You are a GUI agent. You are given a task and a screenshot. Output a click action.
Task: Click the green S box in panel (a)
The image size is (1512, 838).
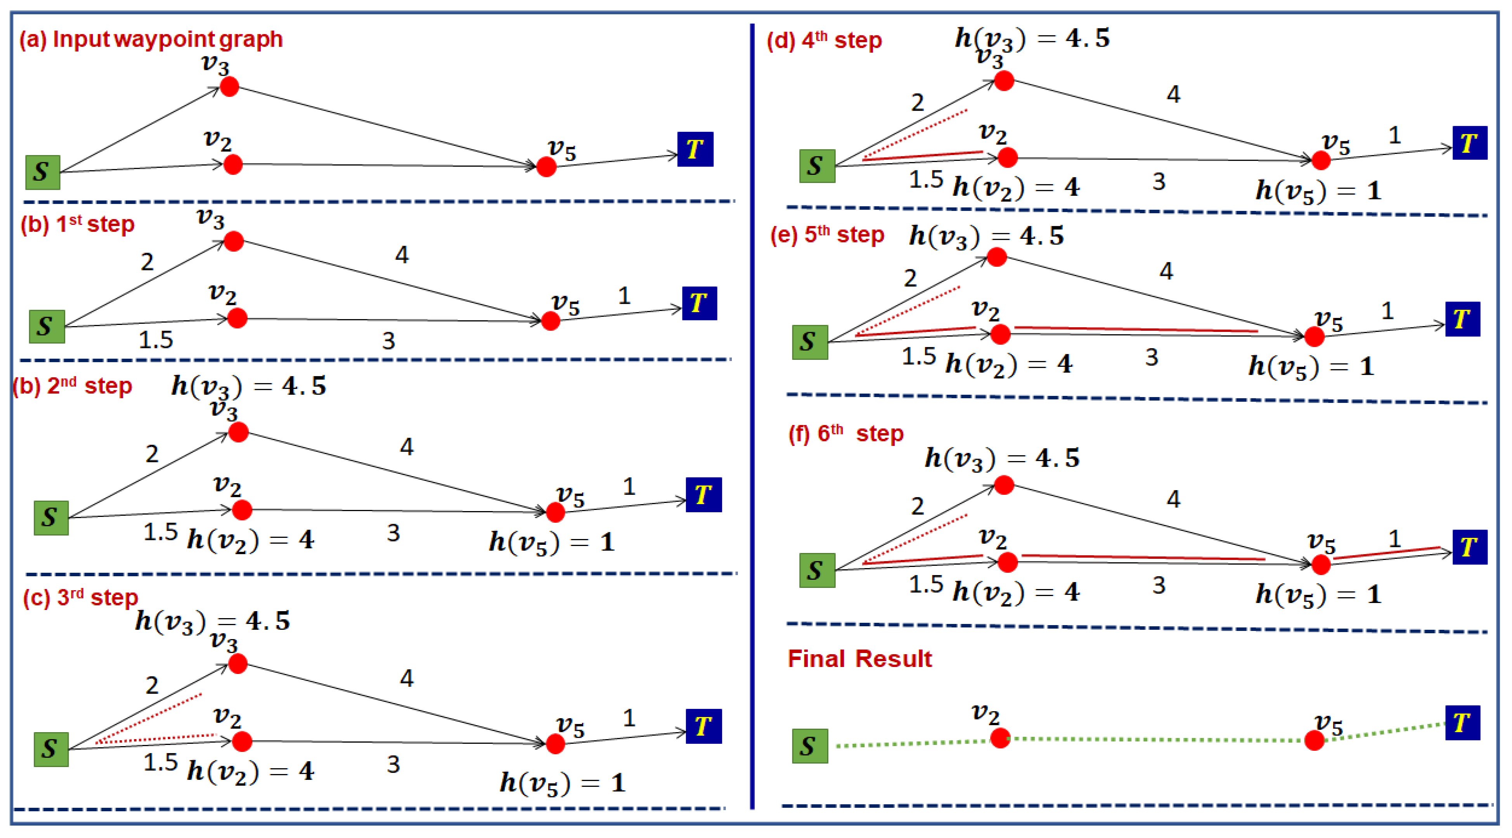click(x=42, y=172)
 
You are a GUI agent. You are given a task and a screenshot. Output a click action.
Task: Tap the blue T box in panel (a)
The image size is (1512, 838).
click(x=695, y=149)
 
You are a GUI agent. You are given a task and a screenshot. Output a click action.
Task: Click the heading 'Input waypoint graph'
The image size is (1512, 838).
click(x=167, y=39)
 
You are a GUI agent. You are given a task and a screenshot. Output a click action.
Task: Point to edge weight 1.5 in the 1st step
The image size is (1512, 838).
click(x=156, y=340)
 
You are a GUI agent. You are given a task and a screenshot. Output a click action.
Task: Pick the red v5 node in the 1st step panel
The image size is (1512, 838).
click(x=550, y=320)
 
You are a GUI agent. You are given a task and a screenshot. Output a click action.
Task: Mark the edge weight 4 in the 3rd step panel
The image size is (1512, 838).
click(x=406, y=678)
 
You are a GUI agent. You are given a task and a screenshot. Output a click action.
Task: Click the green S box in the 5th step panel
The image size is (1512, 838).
click(x=809, y=342)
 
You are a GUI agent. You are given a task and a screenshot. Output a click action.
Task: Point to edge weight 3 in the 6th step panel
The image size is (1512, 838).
click(x=1158, y=585)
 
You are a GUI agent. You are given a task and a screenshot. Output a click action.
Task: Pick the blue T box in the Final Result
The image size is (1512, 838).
click(x=1462, y=722)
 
